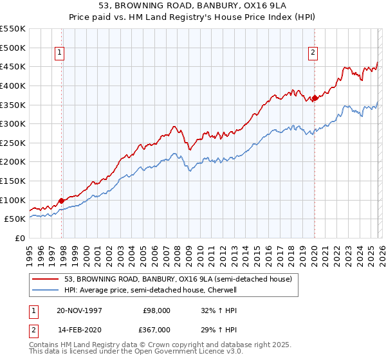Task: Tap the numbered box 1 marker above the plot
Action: tap(59, 53)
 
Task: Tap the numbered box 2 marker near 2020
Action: tap(313, 53)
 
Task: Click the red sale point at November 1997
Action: tap(62, 201)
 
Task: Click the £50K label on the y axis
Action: tap(15, 219)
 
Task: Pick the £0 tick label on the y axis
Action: tap(21, 238)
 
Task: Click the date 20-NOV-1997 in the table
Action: tap(80, 310)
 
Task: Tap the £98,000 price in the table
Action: tap(156, 310)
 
